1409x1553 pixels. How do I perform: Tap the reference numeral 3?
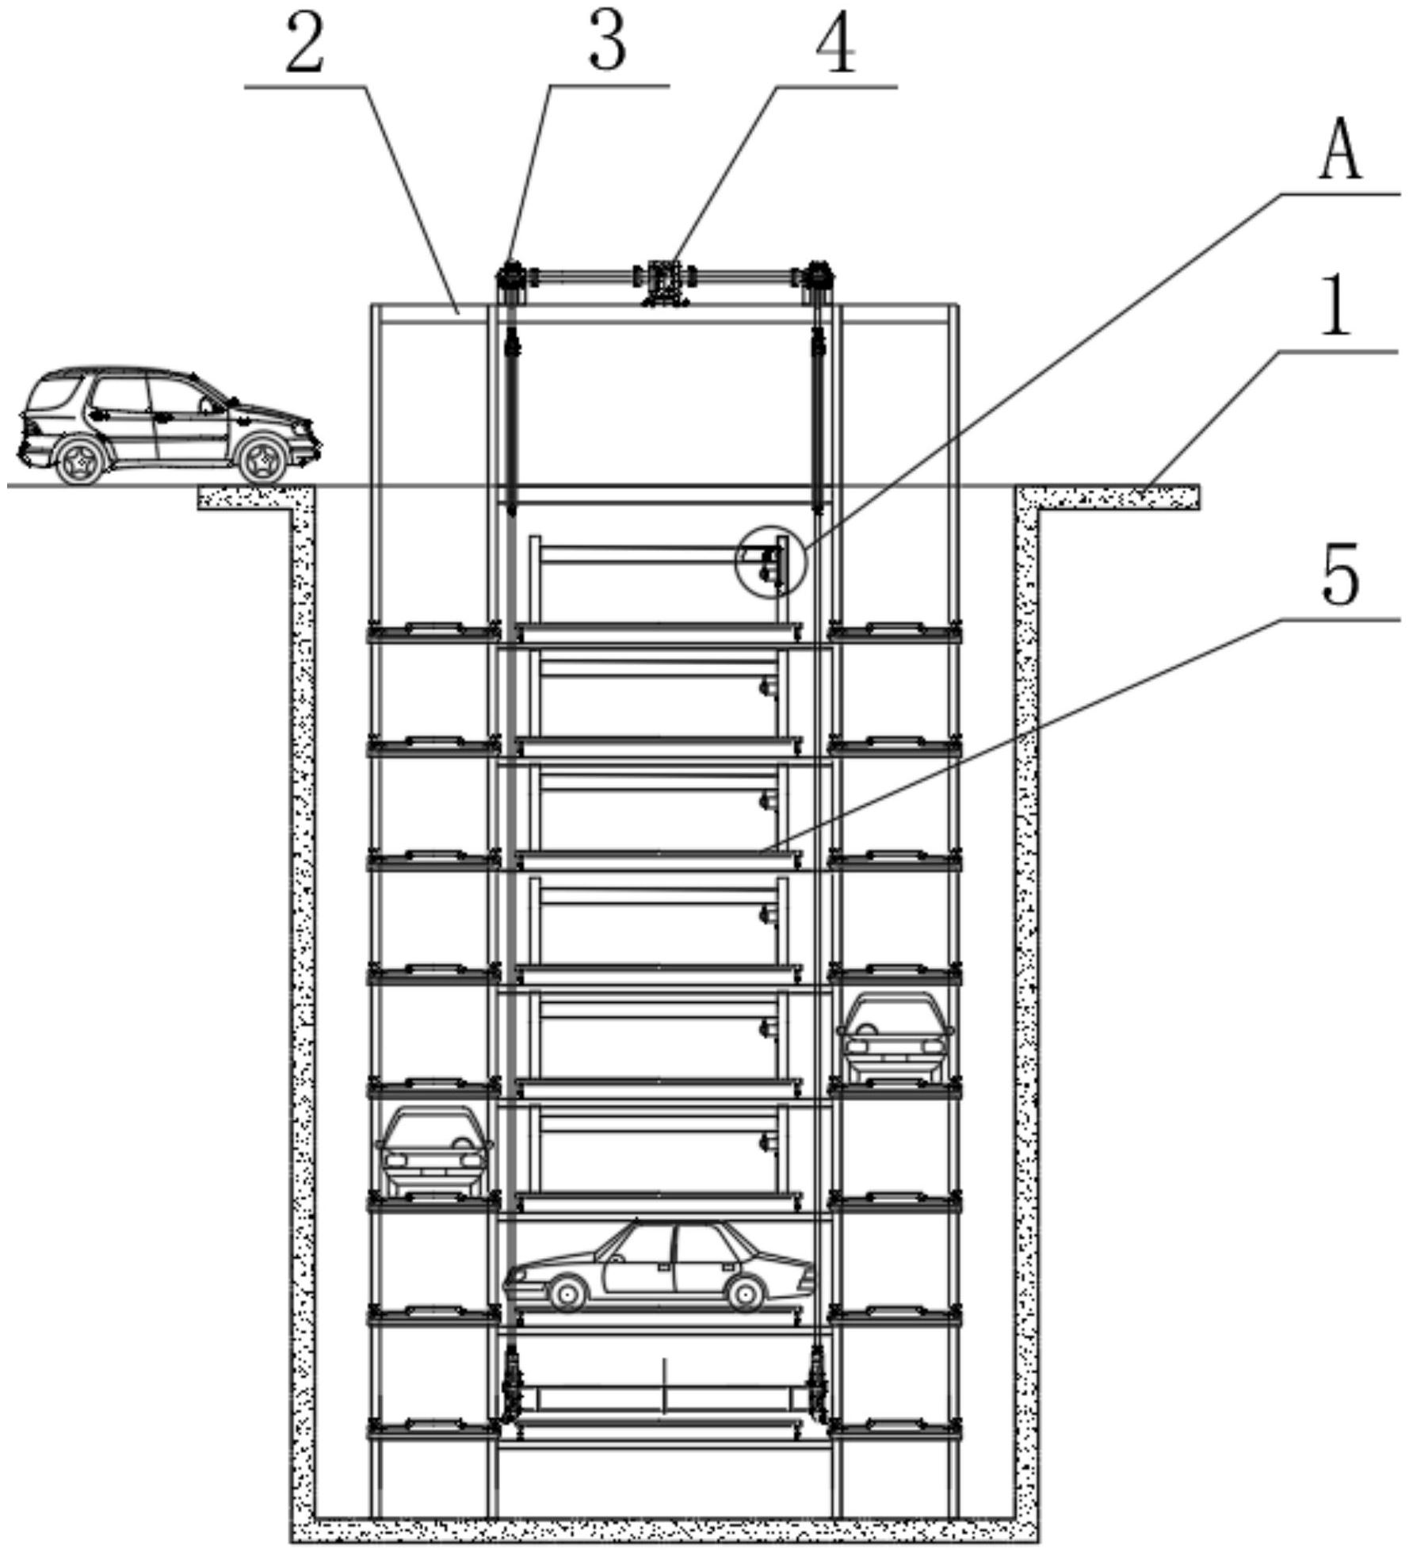tap(607, 44)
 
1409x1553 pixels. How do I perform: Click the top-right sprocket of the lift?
tap(818, 279)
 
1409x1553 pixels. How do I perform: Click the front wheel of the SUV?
tap(262, 461)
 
